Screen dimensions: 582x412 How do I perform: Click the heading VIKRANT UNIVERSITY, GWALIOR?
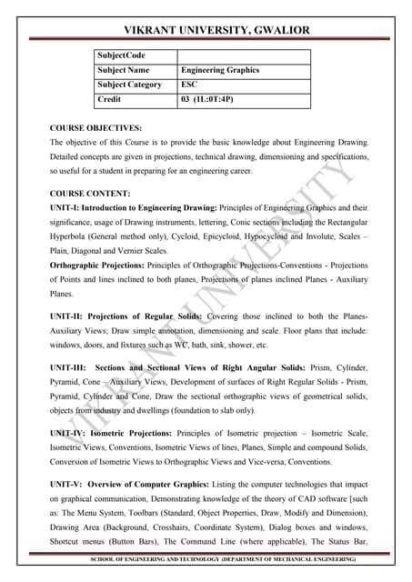[x=206, y=31]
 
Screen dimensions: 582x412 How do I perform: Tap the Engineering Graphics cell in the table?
[x=220, y=70]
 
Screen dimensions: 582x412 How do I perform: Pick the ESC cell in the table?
[x=190, y=85]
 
